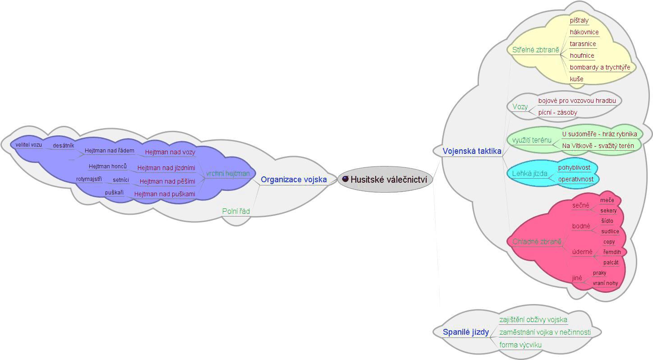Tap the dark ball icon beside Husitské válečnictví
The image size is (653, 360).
pyautogui.click(x=345, y=179)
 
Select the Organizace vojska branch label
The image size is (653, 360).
pyautogui.click(x=294, y=180)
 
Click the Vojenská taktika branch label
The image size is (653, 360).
pyautogui.click(x=472, y=151)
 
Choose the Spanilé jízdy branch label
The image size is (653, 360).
pyautogui.click(x=465, y=332)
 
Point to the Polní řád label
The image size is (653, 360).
pyautogui.click(x=236, y=211)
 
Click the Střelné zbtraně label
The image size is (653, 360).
pyautogui.click(x=535, y=50)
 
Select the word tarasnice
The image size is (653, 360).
pyautogui.click(x=583, y=44)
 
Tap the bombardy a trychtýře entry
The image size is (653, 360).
pyautogui.click(x=600, y=67)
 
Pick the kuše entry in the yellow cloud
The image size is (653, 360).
pyautogui.click(x=576, y=79)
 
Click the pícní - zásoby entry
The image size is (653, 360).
pyautogui.click(x=557, y=112)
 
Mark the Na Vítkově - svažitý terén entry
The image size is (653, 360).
pyautogui.click(x=598, y=146)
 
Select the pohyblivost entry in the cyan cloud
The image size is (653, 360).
pyautogui.click(x=574, y=167)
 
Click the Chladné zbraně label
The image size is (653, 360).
pyautogui.click(x=537, y=242)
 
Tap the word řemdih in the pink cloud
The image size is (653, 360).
pyautogui.click(x=612, y=252)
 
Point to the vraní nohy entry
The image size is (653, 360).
pyautogui.click(x=605, y=283)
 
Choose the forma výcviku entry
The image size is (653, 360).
pyautogui.click(x=520, y=345)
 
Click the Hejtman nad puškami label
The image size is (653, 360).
pyautogui.click(x=165, y=194)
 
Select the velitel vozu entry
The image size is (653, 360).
pyautogui.click(x=28, y=145)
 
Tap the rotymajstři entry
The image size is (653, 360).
pyautogui.click(x=89, y=179)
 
